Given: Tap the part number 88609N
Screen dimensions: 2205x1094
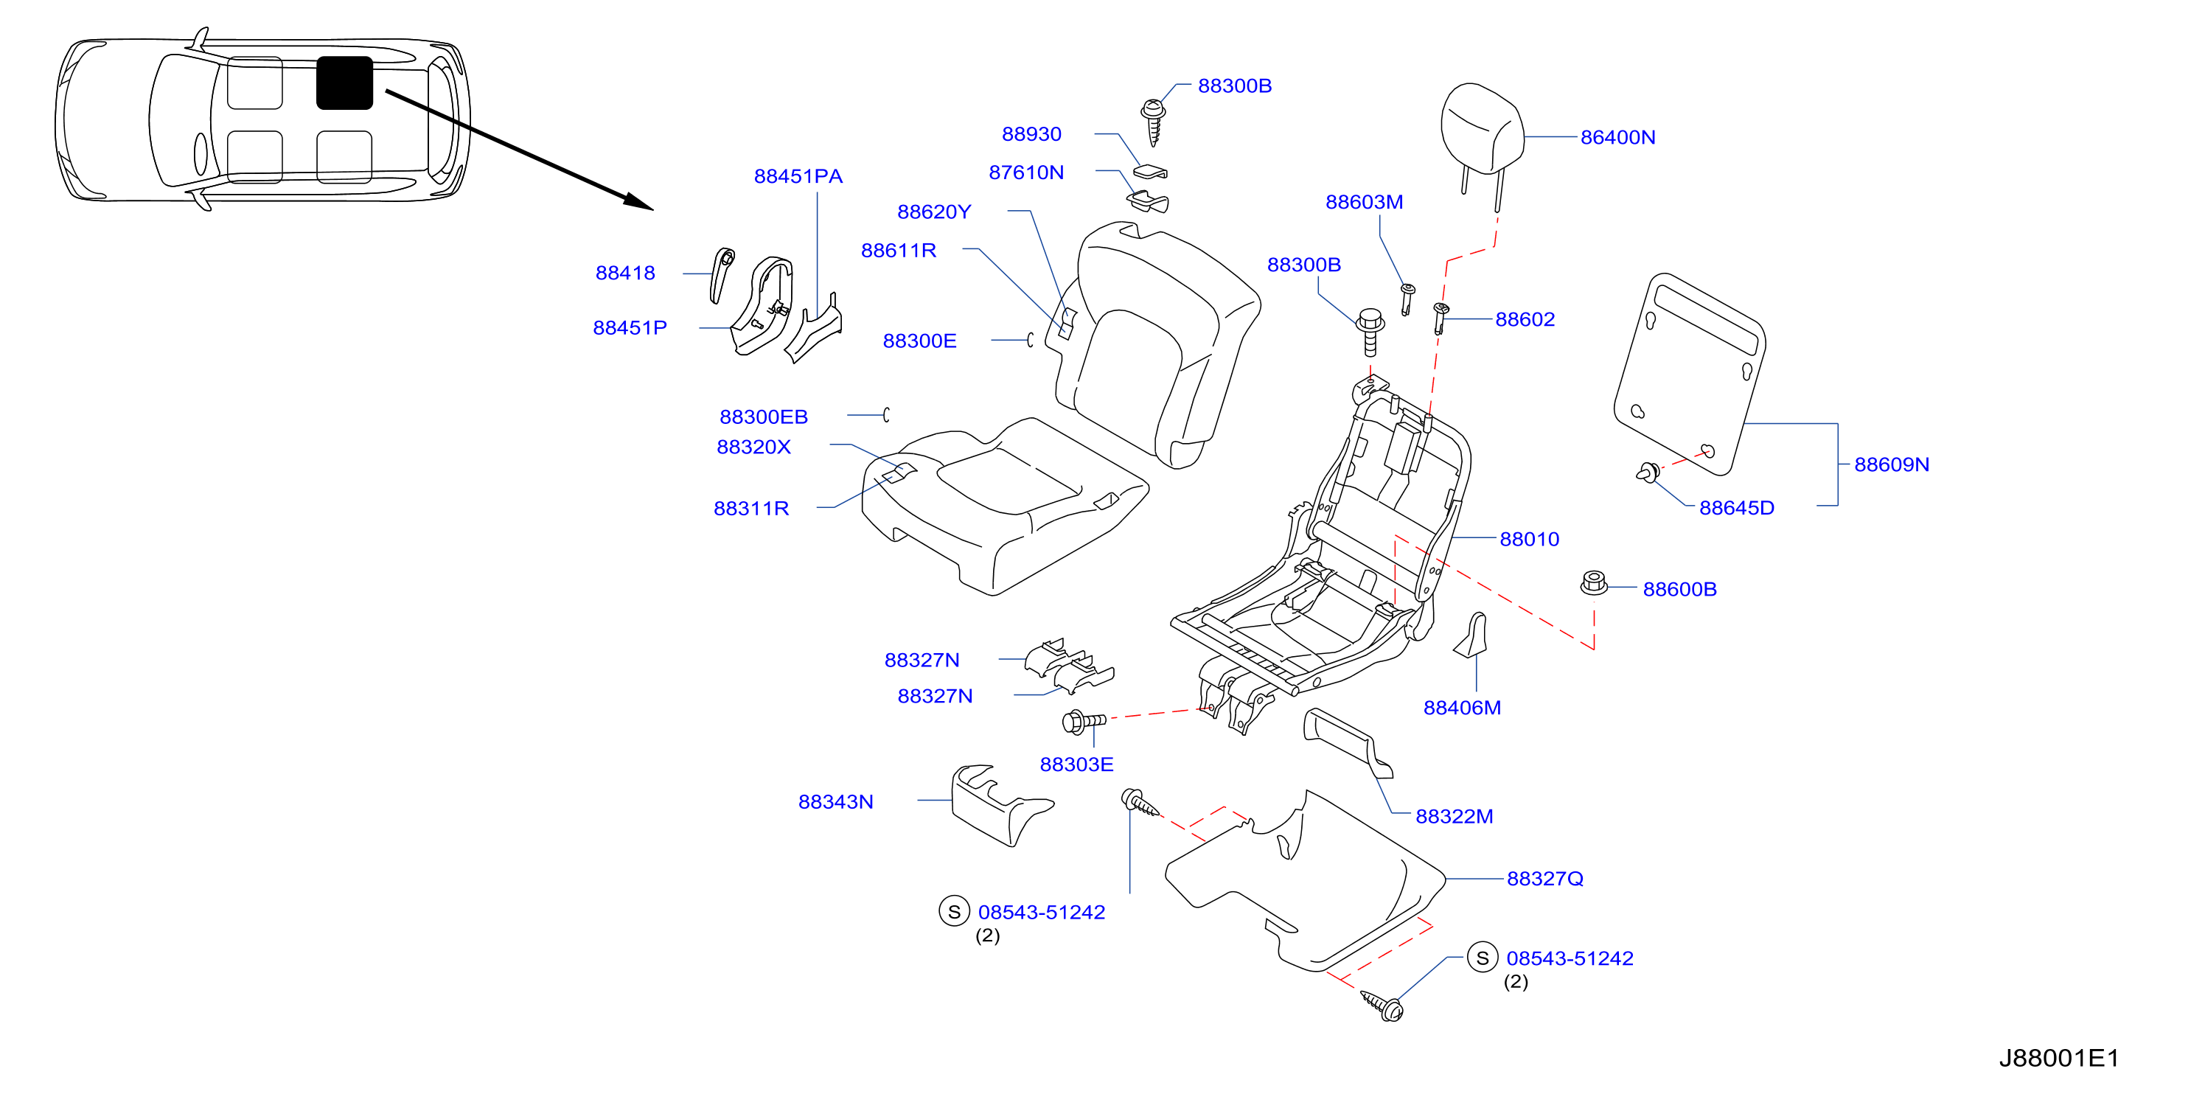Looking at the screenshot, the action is pyautogui.click(x=1892, y=465).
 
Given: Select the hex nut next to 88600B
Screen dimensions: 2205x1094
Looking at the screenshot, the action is pyautogui.click(x=1593, y=583).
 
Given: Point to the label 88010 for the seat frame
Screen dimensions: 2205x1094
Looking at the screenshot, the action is pyautogui.click(x=1530, y=540).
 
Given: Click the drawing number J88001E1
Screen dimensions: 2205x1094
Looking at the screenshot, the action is pyautogui.click(x=2058, y=1058).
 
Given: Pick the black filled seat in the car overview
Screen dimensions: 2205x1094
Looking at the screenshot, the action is pyautogui.click(x=344, y=83).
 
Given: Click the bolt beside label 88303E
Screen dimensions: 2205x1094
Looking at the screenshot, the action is pyautogui.click(x=1084, y=722).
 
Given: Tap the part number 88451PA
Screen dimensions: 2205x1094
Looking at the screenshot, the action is pyautogui.click(x=798, y=176).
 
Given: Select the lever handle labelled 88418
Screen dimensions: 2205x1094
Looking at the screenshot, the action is pyautogui.click(x=722, y=275).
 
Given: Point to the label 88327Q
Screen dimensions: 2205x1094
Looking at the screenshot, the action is pyautogui.click(x=1545, y=879).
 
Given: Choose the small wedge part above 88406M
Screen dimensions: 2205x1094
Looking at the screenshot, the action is pyautogui.click(x=1471, y=634).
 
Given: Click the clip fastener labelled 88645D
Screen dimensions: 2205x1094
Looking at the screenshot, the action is pyautogui.click(x=1648, y=472).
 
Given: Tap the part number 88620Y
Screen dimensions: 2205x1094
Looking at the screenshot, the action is pyautogui.click(x=934, y=212).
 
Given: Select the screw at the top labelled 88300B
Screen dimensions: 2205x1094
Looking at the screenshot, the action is pyautogui.click(x=1154, y=122).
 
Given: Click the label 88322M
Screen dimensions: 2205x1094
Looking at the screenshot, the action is pyautogui.click(x=1455, y=817).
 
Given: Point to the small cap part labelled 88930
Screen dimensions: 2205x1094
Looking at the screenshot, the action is pyautogui.click(x=1151, y=170).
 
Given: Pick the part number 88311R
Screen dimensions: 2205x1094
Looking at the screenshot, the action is pyautogui.click(x=750, y=509).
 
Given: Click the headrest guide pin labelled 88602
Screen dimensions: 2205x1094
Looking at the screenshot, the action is pyautogui.click(x=1441, y=318).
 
